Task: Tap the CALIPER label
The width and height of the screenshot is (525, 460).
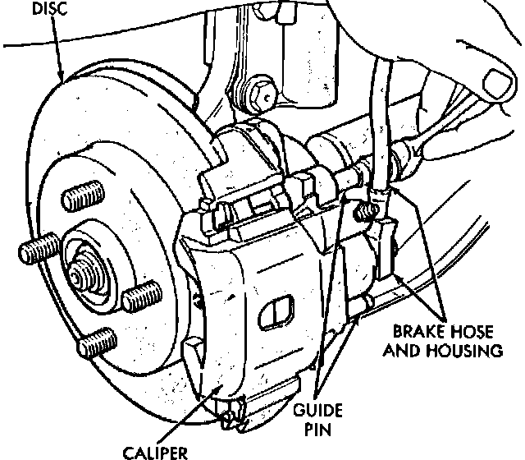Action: [156, 450]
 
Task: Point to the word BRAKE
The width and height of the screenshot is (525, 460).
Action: [418, 333]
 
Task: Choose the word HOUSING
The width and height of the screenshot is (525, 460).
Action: [469, 351]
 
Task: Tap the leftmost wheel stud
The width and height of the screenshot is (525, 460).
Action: [37, 250]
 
